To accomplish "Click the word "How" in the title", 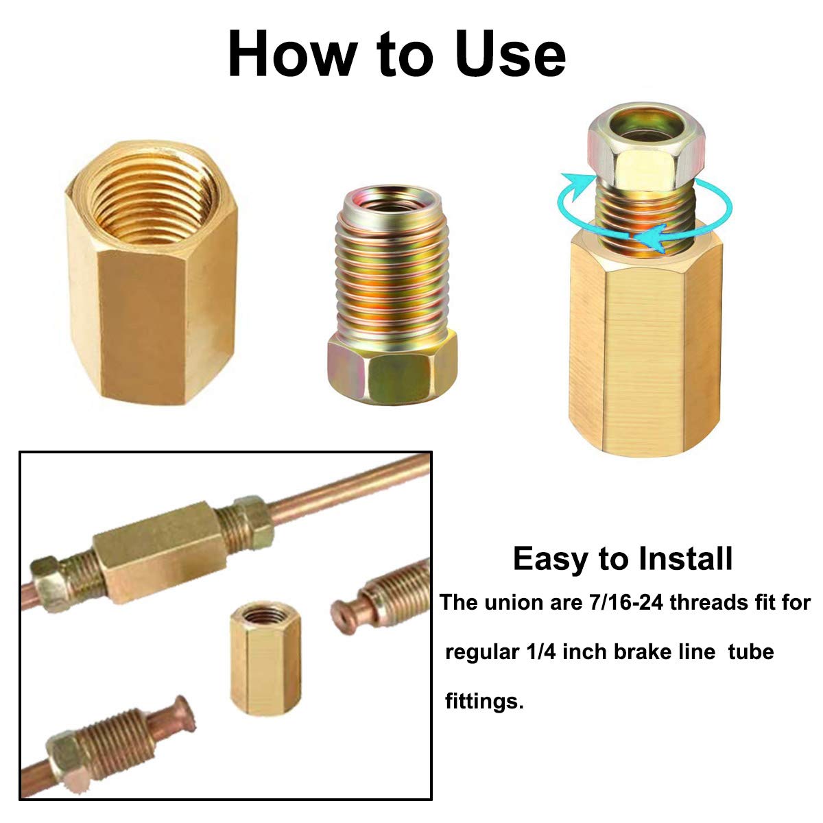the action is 293,55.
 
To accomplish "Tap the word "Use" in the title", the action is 510,55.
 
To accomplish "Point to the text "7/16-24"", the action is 627,603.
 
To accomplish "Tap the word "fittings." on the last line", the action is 484,702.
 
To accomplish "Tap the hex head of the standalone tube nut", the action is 392,368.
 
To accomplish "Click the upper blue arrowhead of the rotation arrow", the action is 575,185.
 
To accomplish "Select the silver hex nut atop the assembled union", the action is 645,146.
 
